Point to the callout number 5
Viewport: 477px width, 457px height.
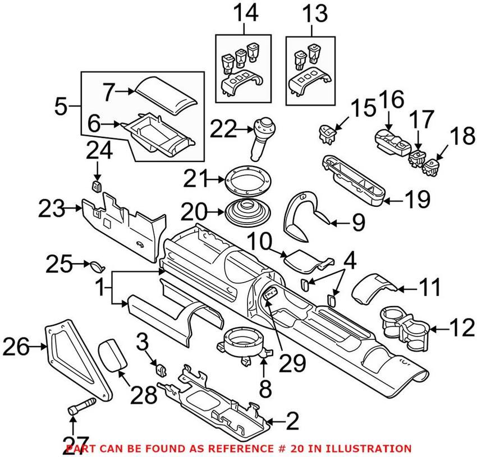click(x=63, y=104)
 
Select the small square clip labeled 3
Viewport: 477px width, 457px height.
click(x=160, y=369)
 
